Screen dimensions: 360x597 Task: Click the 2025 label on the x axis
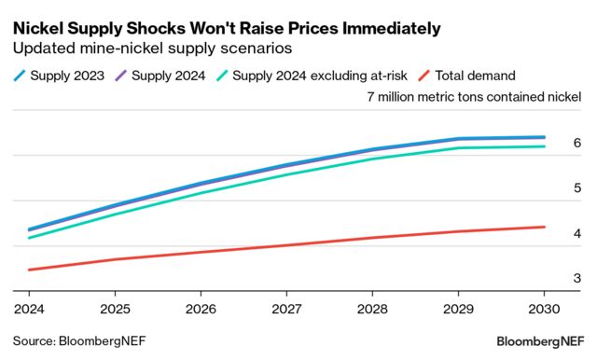(114, 307)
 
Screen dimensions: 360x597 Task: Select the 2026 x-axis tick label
(201, 307)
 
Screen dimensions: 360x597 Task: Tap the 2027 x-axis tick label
(286, 307)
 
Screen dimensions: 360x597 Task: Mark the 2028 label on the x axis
(373, 307)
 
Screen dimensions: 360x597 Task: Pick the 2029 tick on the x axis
(459, 307)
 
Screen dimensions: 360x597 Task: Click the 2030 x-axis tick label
(545, 307)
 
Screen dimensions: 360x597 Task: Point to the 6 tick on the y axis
(577, 143)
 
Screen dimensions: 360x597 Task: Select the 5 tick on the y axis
(577, 188)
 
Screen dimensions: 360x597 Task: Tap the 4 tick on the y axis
(577, 233)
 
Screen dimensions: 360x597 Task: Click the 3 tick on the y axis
(577, 279)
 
